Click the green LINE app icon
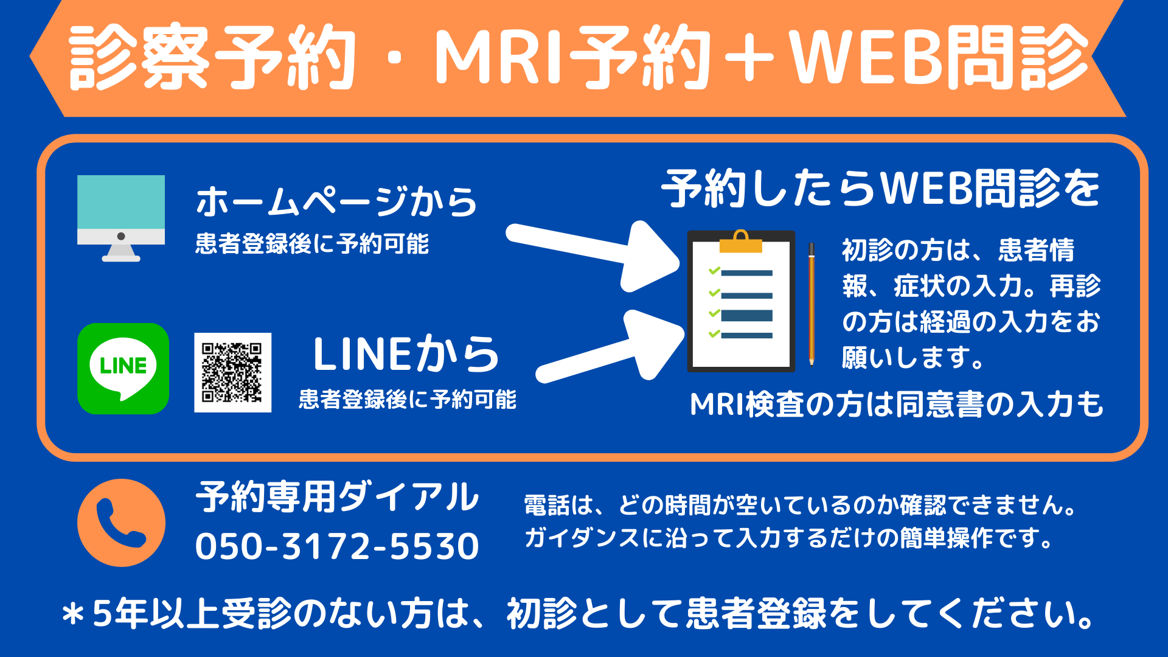pos(123,369)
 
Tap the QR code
pos(232,372)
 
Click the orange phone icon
pos(121,523)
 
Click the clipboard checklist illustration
pos(741,301)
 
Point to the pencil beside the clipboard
pos(812,304)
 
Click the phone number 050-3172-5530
pos(337,546)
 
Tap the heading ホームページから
pos(336,201)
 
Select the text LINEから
pos(406,354)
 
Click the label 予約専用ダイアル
pos(337,496)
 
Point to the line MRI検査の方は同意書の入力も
pos(897,405)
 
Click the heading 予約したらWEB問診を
pos(881,189)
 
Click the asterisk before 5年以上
pos(74,614)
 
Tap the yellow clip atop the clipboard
pos(740,242)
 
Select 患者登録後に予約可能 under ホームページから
pos(312,244)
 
